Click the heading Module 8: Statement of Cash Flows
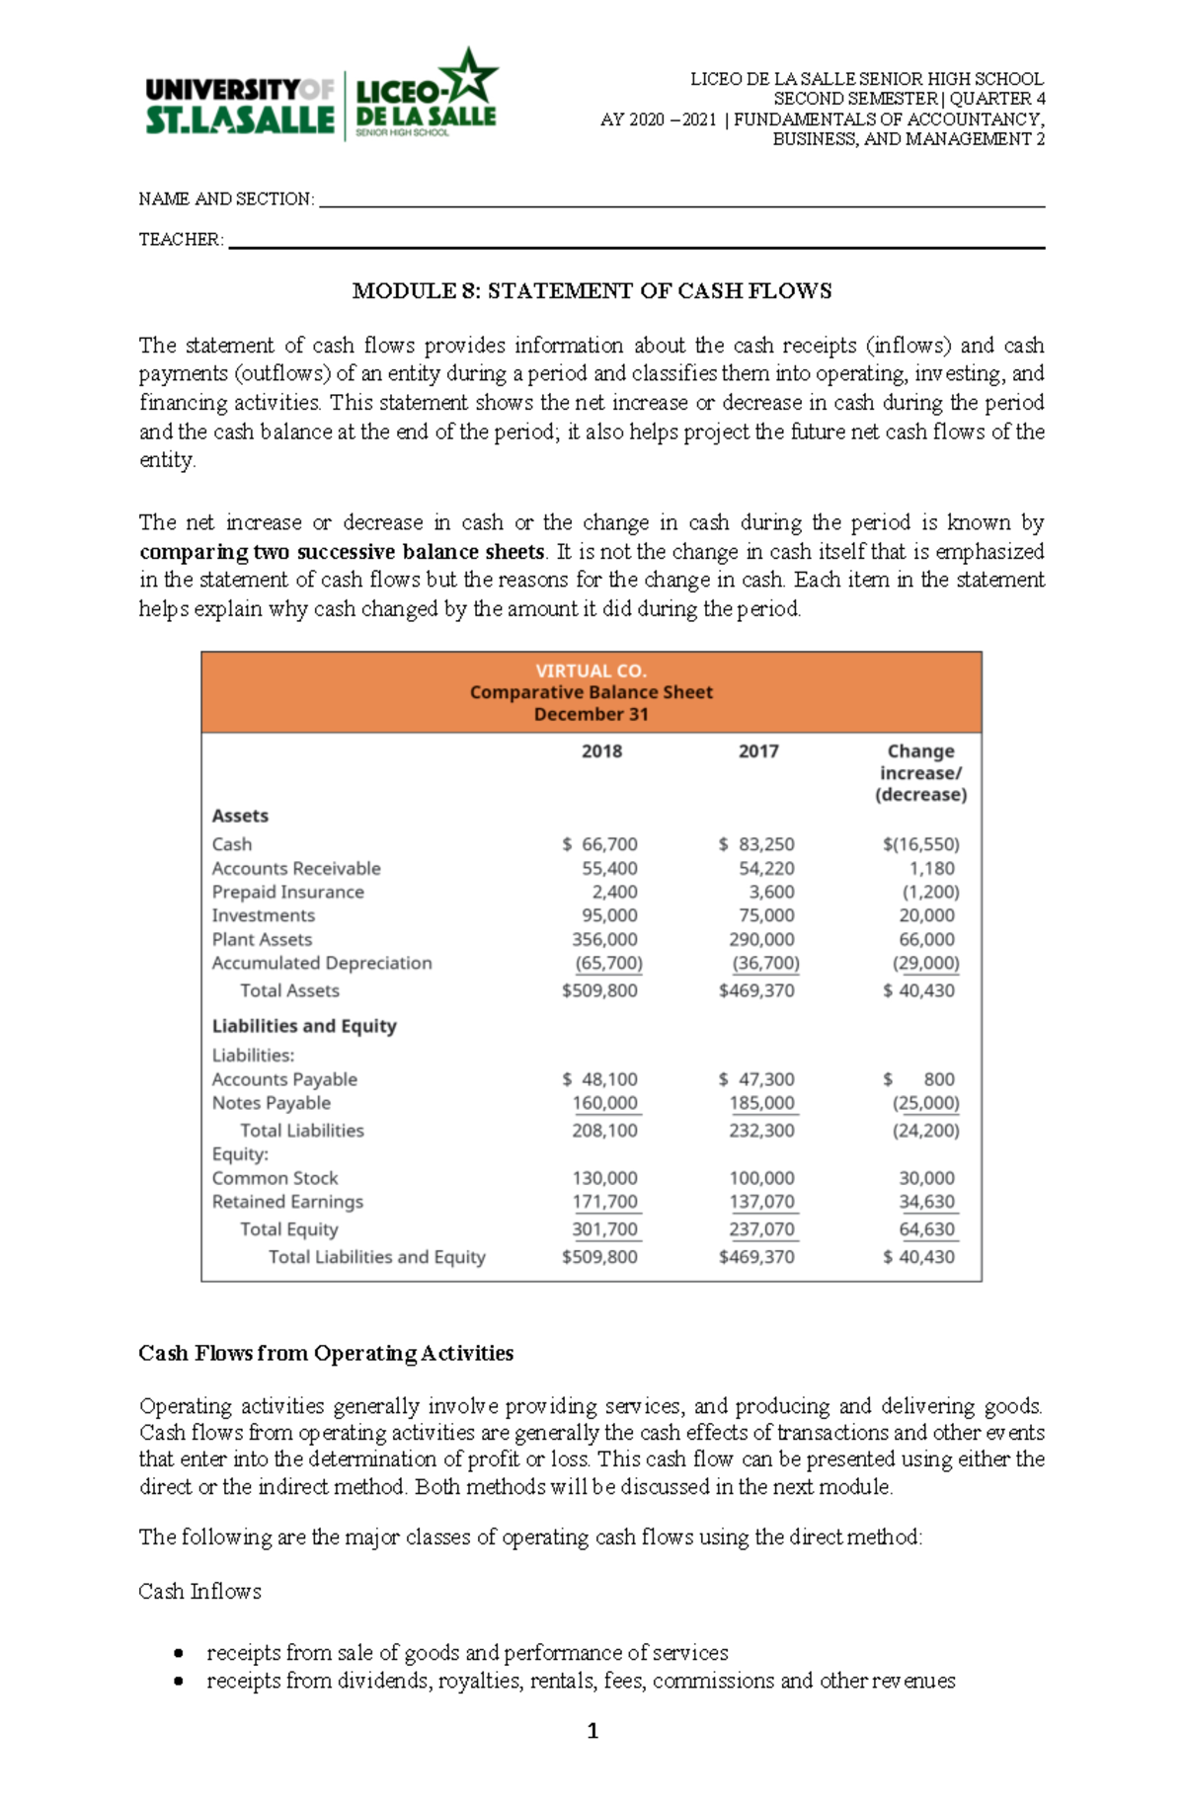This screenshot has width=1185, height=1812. tap(592, 291)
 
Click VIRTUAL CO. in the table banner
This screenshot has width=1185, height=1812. tap(591, 670)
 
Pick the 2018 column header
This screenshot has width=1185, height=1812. tap(601, 751)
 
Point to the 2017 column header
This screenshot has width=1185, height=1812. tap(758, 751)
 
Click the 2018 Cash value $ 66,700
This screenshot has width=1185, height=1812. tap(600, 844)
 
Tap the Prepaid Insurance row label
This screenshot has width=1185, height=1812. tap(287, 892)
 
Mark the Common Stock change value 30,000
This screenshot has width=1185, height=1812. tap(926, 1178)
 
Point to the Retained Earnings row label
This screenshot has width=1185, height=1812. tap(287, 1202)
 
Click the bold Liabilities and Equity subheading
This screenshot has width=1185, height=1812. tap(304, 1026)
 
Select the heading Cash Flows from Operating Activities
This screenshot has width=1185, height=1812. tap(326, 1353)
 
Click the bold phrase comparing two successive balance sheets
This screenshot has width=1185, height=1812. tap(342, 552)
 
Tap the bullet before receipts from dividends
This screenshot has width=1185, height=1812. tap(178, 1681)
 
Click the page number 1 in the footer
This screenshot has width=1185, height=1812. tap(592, 1731)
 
